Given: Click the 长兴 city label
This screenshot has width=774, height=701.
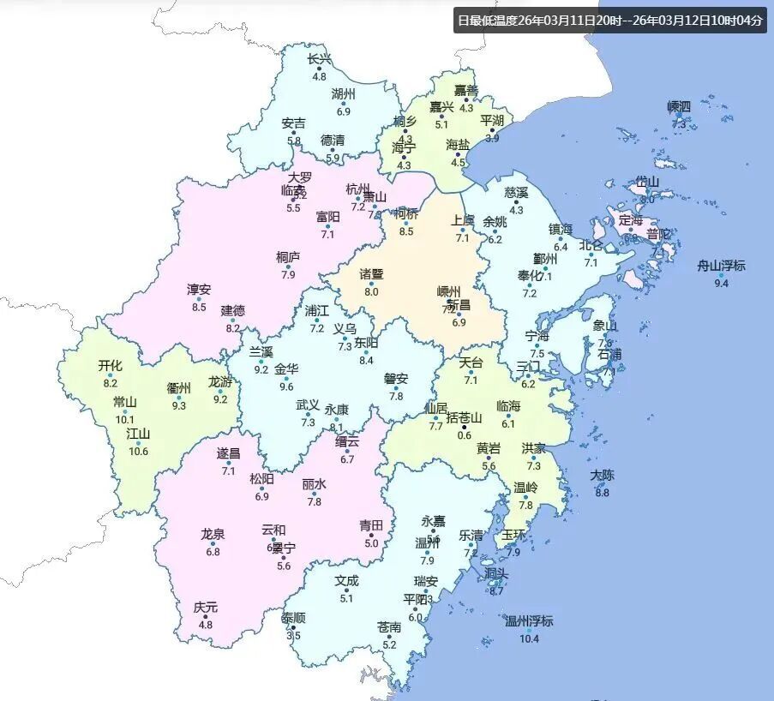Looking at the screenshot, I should click(x=319, y=59).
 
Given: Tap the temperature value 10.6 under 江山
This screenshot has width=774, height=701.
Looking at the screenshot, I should click(x=138, y=452).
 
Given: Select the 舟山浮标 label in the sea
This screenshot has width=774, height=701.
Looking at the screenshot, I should click(x=721, y=266).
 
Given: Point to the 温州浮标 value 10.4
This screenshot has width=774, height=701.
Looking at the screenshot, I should click(x=529, y=638).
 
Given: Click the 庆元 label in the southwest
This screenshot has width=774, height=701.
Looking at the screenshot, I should click(x=205, y=607).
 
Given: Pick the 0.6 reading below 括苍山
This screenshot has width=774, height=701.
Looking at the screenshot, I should click(x=464, y=434).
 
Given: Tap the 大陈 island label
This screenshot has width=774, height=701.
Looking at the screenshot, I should click(x=602, y=475).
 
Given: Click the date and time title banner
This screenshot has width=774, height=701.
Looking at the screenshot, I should click(x=609, y=21).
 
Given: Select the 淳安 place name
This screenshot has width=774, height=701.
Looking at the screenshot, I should click(x=199, y=290).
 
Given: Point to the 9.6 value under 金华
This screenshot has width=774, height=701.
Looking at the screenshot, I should click(x=285, y=386).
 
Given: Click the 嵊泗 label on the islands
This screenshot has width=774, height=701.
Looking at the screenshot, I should click(x=679, y=106).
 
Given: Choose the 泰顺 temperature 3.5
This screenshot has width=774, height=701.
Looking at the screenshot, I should click(x=294, y=636).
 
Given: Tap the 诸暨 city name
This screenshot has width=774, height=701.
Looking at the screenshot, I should click(x=371, y=274).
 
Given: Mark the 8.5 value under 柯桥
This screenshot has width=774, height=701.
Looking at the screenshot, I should click(x=406, y=231).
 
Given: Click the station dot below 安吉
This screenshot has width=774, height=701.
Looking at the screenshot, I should click(x=294, y=133).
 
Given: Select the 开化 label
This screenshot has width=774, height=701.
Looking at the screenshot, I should click(x=110, y=366).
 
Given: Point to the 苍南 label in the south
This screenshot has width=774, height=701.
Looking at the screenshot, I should click(x=389, y=627).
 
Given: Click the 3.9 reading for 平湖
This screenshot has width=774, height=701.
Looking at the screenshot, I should click(x=492, y=138).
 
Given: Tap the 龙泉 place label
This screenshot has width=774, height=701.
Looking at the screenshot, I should click(x=213, y=534).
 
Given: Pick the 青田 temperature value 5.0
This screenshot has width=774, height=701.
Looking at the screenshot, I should click(x=371, y=542).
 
